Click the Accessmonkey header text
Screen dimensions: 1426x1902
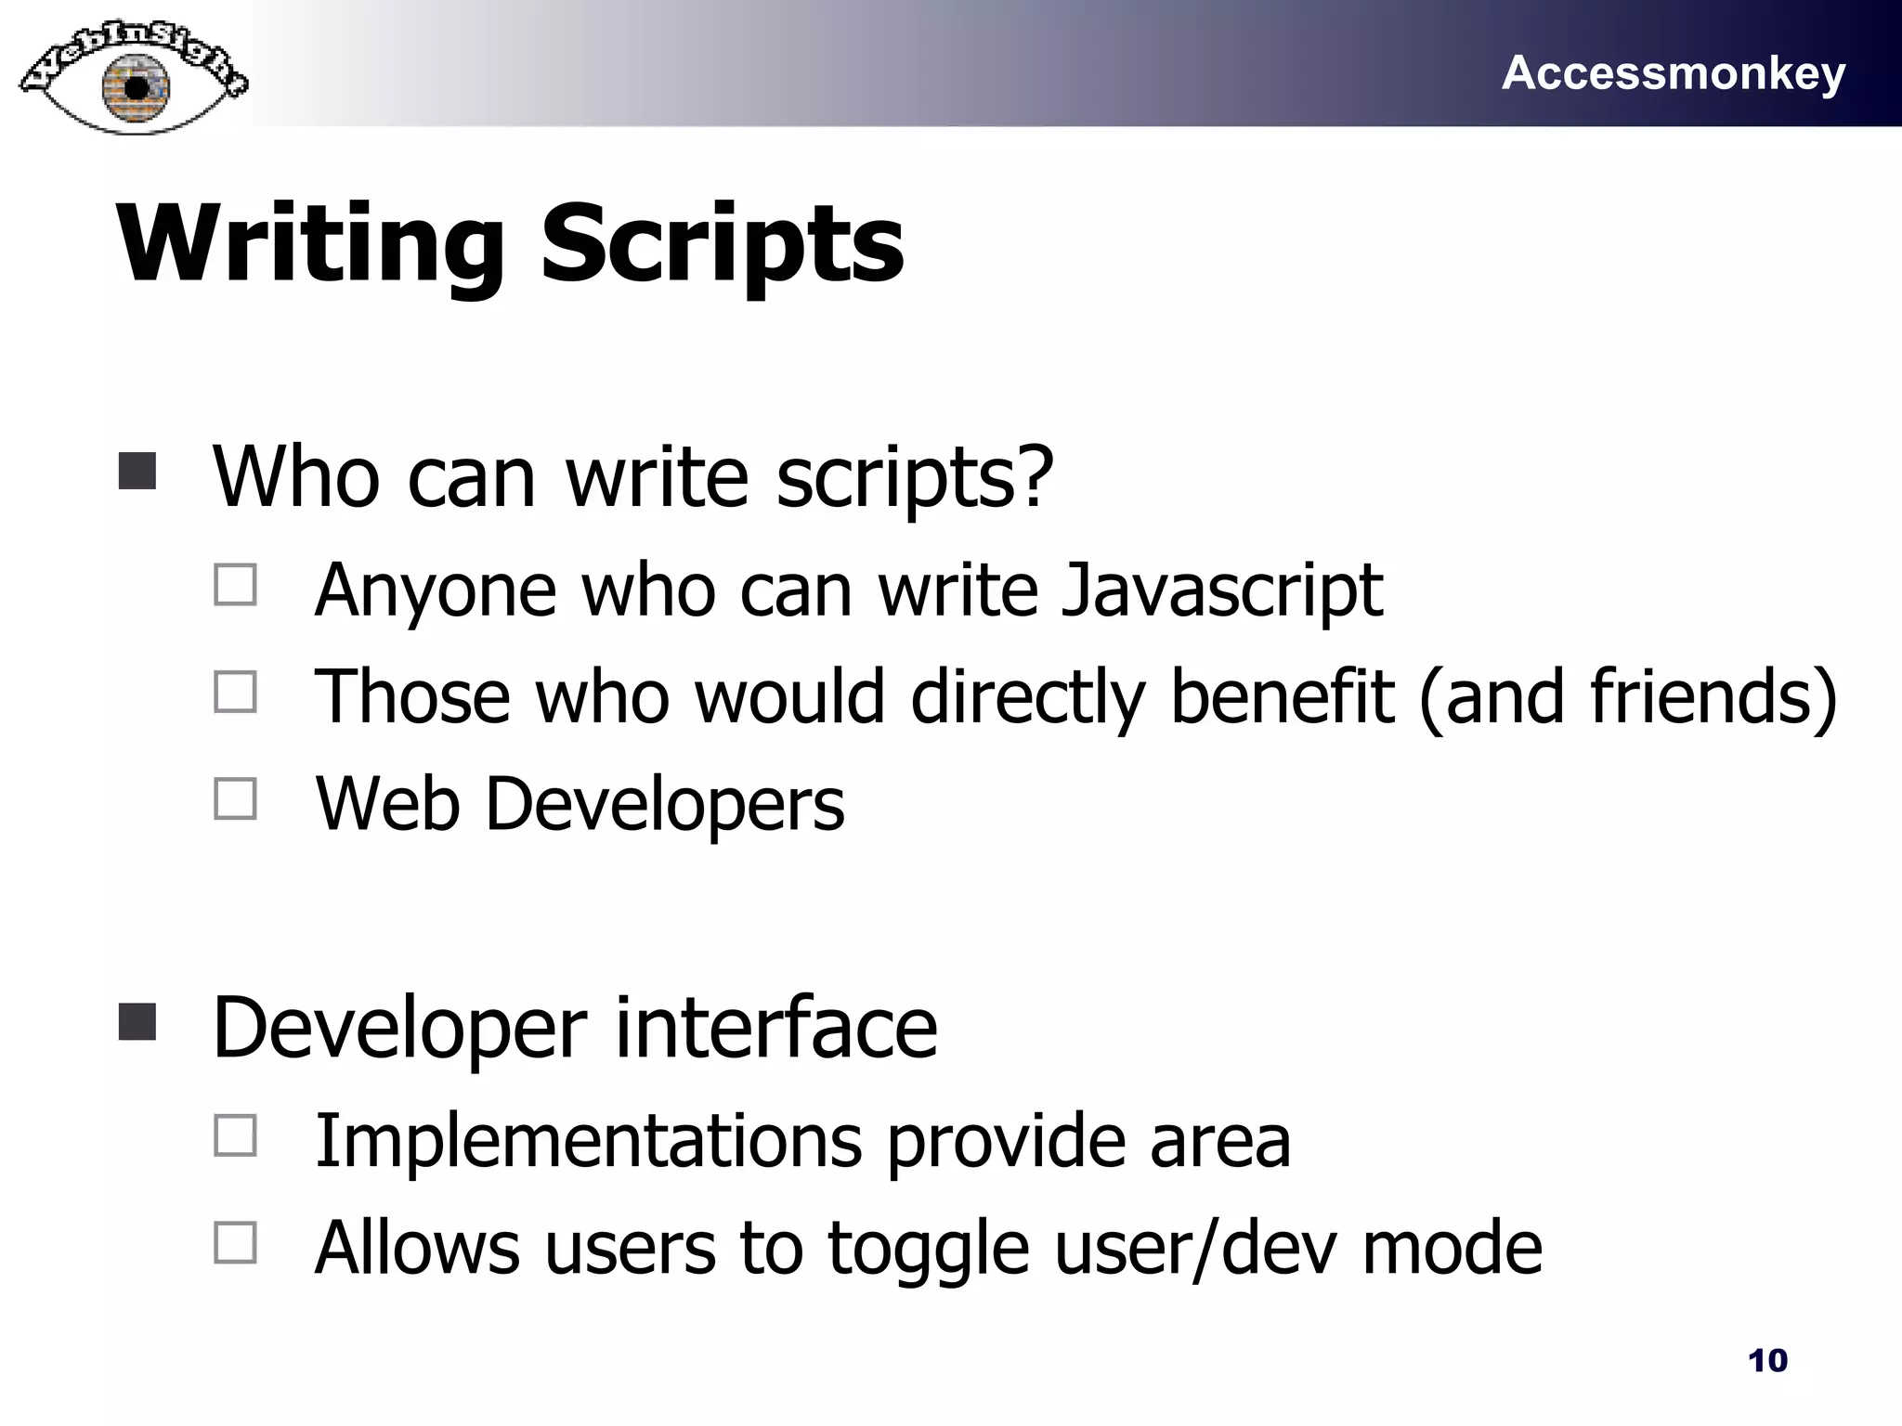tap(1673, 73)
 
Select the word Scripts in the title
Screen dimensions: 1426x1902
tap(722, 245)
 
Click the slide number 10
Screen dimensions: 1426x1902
tap(1767, 1360)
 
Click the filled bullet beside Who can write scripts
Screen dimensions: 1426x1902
tap(137, 472)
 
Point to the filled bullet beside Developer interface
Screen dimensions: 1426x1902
tap(137, 1022)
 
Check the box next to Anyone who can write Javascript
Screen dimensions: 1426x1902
tap(236, 586)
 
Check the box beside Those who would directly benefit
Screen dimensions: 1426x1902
tap(236, 693)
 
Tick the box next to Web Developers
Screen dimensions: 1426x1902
tap(236, 798)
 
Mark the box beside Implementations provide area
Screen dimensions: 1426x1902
tap(236, 1135)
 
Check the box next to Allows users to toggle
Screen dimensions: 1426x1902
tap(236, 1242)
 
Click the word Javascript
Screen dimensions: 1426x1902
tap(1221, 590)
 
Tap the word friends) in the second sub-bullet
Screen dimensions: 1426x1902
tap(1713, 697)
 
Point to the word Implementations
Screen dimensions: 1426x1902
tap(589, 1140)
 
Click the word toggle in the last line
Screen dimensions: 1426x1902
tap(929, 1249)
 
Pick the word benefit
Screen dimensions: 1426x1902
tap(1282, 697)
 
